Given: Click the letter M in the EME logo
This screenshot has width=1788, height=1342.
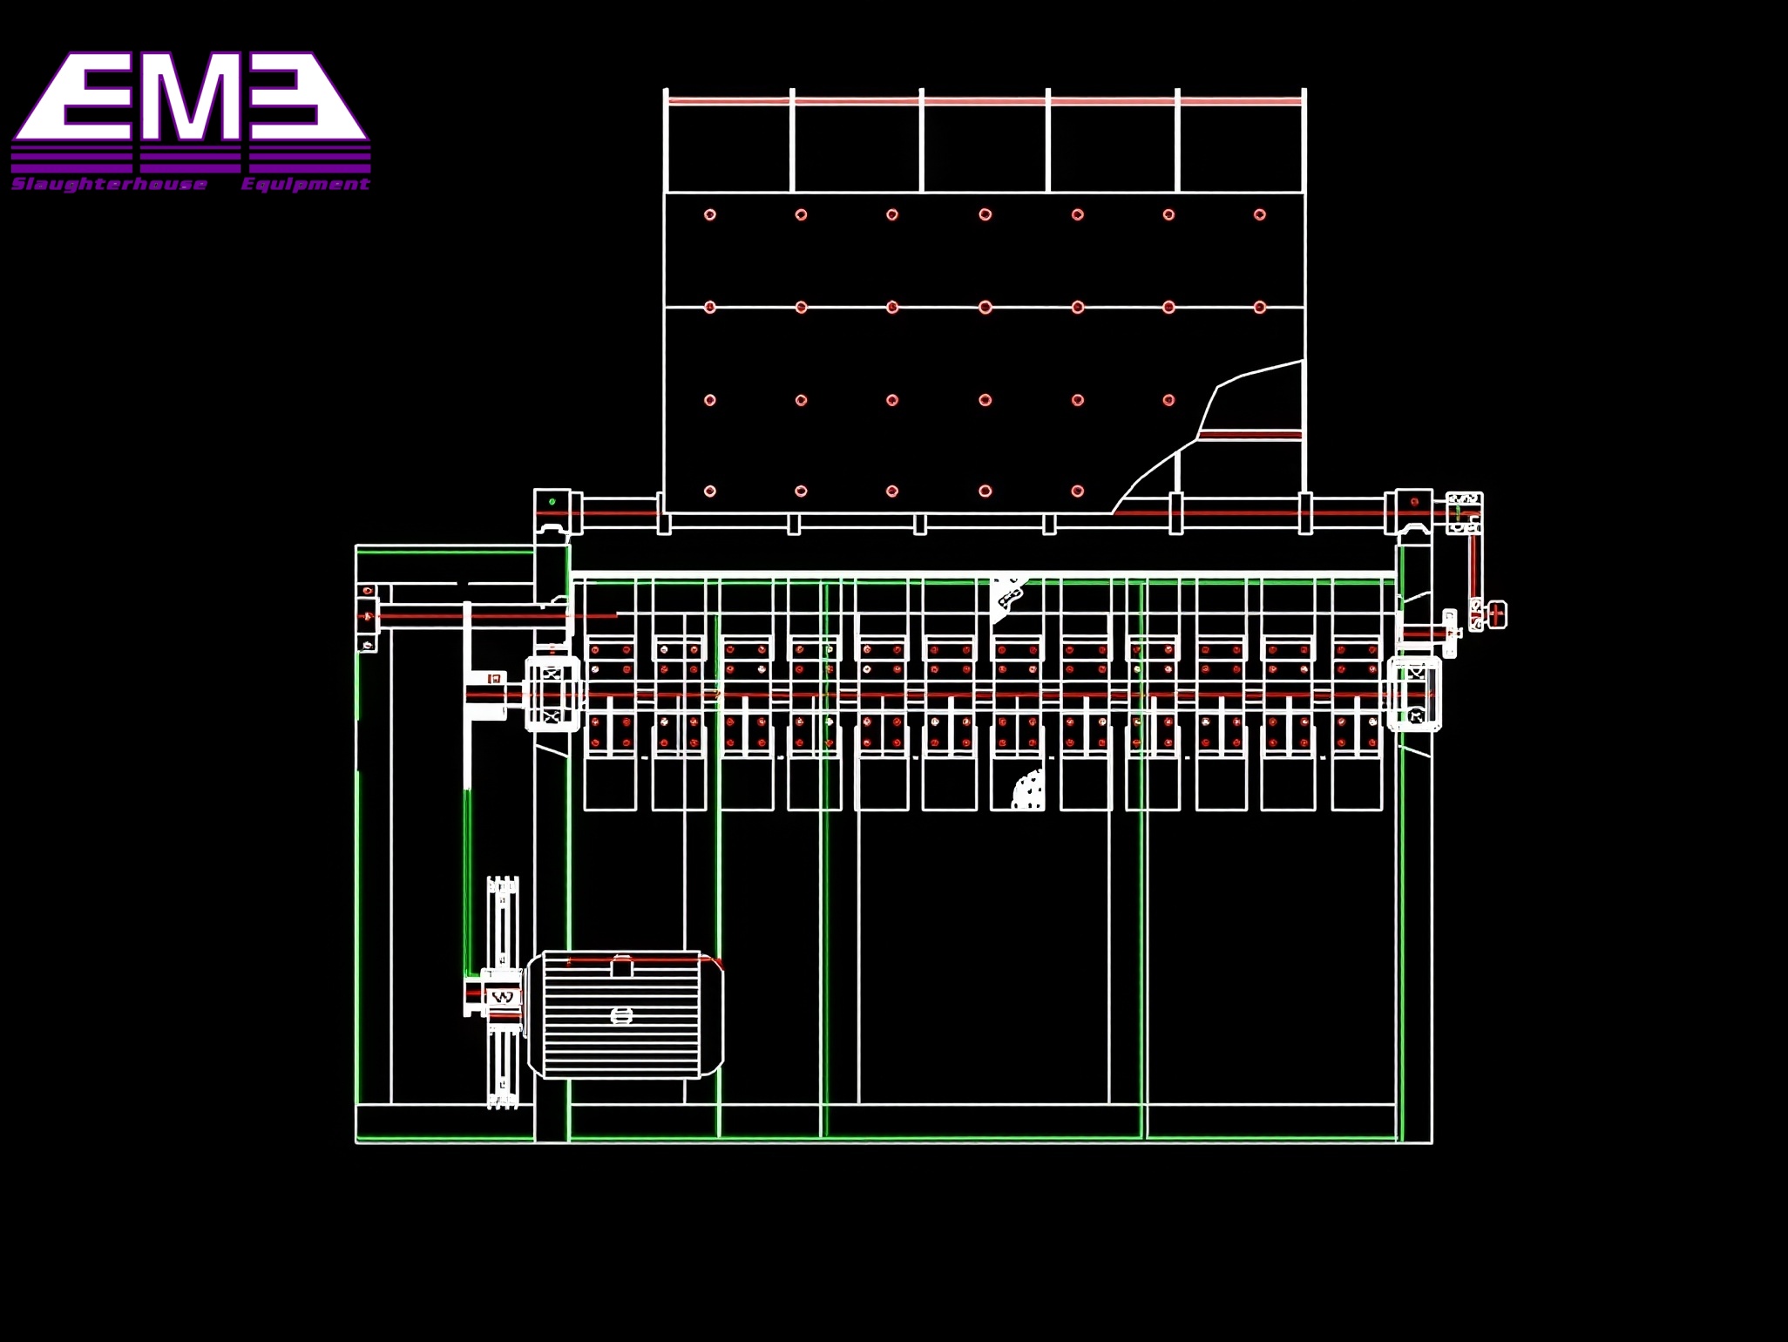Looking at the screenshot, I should coord(190,98).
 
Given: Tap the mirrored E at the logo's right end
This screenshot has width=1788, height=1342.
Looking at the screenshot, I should coord(301,98).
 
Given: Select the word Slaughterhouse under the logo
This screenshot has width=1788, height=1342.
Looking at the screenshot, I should coord(110,184).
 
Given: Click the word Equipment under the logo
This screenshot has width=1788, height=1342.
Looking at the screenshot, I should coord(305,184).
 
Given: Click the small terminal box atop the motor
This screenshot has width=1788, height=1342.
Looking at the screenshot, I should coord(622,966).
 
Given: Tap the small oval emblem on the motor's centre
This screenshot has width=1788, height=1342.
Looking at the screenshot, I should coord(621,1015).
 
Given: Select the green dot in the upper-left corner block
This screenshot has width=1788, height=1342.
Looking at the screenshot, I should coord(552,502).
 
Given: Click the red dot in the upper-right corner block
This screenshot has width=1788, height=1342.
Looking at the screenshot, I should coord(1414,502).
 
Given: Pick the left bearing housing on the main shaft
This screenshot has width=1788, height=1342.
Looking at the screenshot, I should coord(552,695).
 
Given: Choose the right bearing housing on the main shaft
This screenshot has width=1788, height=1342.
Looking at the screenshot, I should coord(1414,695).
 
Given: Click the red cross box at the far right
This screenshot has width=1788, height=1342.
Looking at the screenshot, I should coord(1497,614).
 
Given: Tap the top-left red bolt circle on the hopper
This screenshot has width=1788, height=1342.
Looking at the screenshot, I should coord(710,214).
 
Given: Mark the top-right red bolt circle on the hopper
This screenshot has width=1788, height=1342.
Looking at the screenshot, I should coord(1260,214).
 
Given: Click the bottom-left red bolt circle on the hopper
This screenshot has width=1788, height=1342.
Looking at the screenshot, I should coord(710,491).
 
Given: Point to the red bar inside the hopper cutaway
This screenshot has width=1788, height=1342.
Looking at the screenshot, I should coord(1250,434).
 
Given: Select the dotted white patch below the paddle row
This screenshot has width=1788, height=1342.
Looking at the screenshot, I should coord(1029,791).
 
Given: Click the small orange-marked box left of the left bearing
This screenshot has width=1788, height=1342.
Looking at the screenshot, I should coord(495,678).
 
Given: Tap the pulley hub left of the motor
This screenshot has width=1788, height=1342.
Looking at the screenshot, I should coord(501,996).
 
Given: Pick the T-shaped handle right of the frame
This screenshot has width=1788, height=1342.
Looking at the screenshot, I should coord(1450,633).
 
